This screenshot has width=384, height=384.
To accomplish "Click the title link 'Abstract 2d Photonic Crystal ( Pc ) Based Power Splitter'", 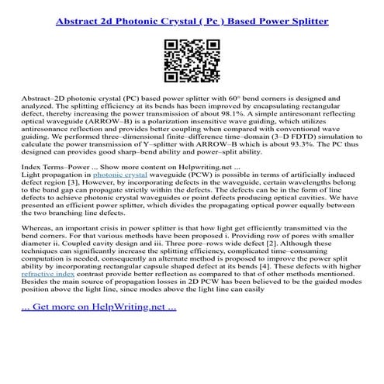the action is pyautogui.click(x=192, y=16).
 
